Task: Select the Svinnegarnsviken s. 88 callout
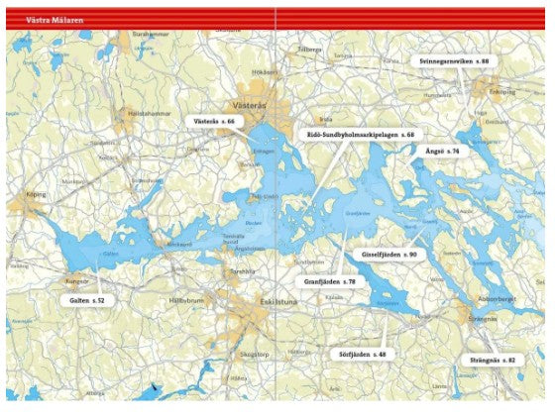coord(454,60)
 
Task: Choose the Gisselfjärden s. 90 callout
coord(387,255)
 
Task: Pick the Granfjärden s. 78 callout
coord(330,282)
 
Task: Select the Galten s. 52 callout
coord(86,299)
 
